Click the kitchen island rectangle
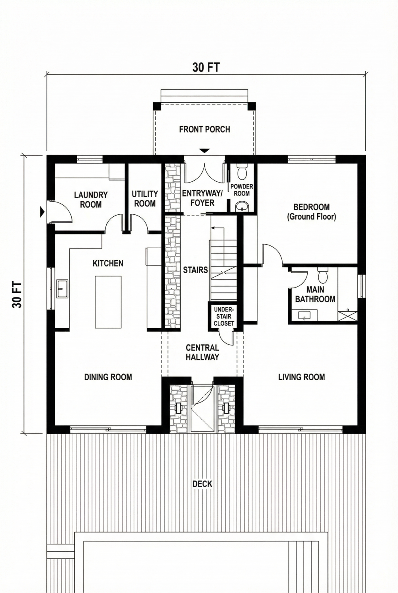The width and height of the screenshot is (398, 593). coord(108,302)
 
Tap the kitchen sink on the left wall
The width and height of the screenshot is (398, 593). coord(62,288)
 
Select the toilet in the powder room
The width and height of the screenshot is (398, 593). coord(242,172)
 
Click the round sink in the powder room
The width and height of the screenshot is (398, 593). coord(242,206)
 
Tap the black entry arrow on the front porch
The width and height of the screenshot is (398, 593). coord(205,151)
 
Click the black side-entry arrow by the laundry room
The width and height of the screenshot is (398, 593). coord(42,212)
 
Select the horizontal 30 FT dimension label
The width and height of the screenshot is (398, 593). coord(206,67)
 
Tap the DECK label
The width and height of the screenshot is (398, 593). coord(202,484)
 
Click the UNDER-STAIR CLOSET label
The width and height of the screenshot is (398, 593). coord(224,317)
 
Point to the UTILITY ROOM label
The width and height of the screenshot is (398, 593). coord(145,198)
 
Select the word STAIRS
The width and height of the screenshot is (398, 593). coord(195,270)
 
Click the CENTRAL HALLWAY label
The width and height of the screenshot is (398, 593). coord(202,352)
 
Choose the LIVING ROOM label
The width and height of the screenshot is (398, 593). coord(301,377)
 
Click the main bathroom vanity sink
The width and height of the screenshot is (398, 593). coord(304,316)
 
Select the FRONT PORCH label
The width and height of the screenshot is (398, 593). coord(205,129)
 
